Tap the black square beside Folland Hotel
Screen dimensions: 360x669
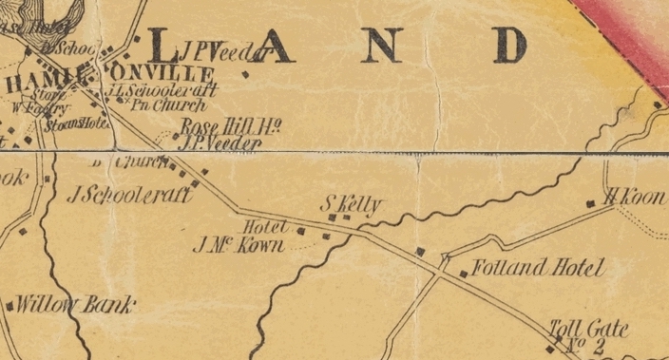(x=464, y=274)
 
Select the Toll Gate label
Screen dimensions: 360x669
(x=589, y=330)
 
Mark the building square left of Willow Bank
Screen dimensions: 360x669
(x=10, y=307)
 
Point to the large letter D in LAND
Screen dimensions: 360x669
(x=509, y=46)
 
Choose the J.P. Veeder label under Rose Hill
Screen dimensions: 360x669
(x=220, y=143)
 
